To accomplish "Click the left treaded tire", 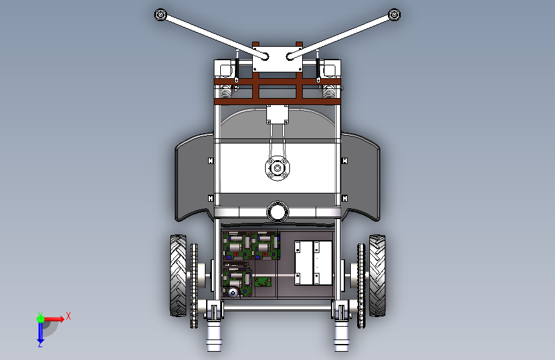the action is [178, 275].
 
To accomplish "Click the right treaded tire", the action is [377, 275].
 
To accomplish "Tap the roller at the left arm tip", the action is [160, 15].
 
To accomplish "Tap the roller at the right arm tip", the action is [394, 15].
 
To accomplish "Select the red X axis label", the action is [68, 316].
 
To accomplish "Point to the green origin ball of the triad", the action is [40, 319].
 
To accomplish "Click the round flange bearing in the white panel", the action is [278, 168].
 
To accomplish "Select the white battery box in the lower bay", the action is [313, 263].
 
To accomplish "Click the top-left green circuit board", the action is [237, 245].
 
